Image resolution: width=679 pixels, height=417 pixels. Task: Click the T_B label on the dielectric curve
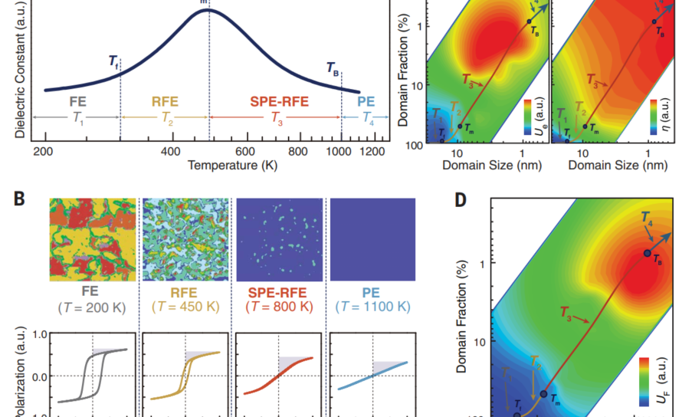tap(333, 67)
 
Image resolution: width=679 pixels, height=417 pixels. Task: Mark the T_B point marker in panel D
tap(647, 253)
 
